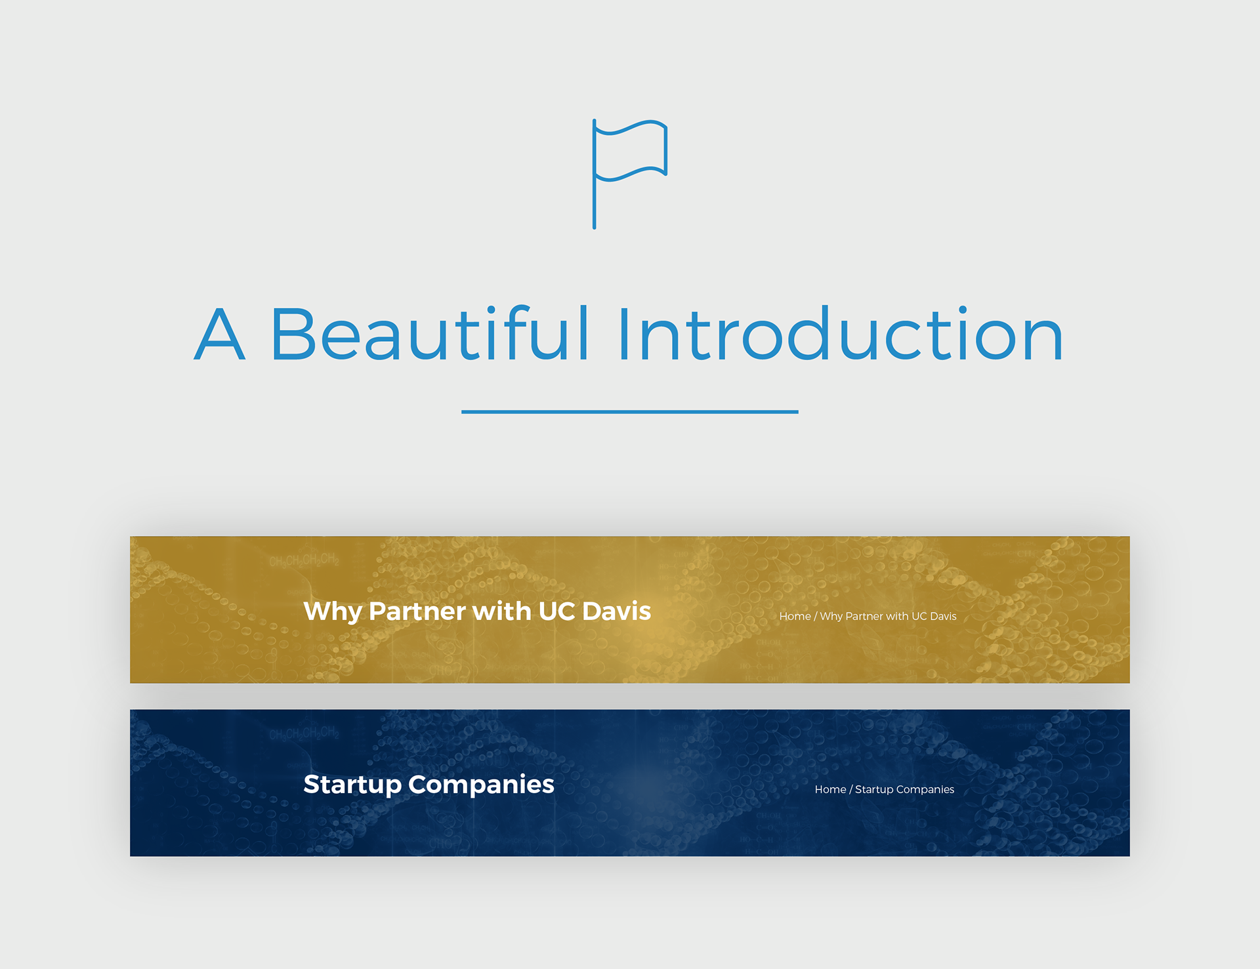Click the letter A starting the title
pos(220,334)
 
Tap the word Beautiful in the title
pos(430,333)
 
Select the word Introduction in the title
pos(841,333)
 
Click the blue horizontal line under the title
pos(630,412)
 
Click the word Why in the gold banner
pos(333,612)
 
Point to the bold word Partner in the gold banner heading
pos(417,611)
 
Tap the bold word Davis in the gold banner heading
pos(616,611)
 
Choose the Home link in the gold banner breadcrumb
pos(795,616)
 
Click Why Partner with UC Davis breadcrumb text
pos(888,616)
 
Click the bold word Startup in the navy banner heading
pos(352,785)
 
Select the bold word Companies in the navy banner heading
pos(481,785)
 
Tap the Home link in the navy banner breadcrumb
pos(830,789)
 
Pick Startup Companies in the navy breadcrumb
pos(904,790)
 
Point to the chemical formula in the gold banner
pos(304,561)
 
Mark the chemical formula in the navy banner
pos(304,734)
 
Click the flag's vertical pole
pos(595,174)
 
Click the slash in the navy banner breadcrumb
pos(851,789)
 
